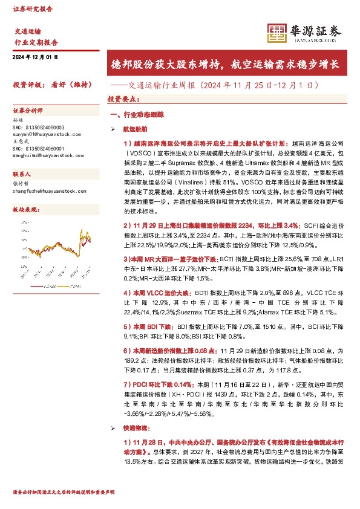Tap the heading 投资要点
(x=123, y=99)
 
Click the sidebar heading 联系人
(x=22, y=173)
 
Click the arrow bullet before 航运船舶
(x=113, y=129)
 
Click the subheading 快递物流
(x=134, y=427)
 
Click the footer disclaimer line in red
(x=64, y=492)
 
